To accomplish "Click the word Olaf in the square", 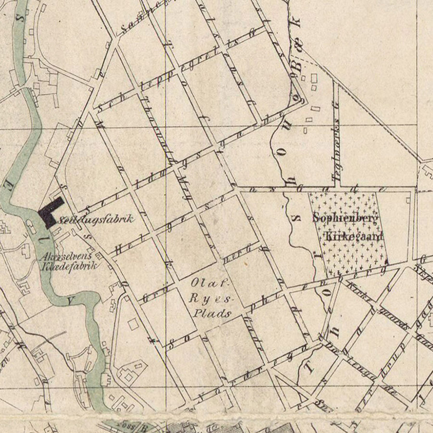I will [x=202, y=282].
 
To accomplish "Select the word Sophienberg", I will [x=345, y=217].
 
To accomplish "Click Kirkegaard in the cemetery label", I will [x=354, y=236].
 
